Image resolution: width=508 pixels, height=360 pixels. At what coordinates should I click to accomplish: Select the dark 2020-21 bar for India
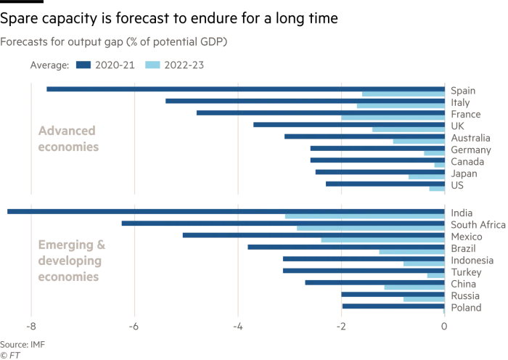tap(225, 211)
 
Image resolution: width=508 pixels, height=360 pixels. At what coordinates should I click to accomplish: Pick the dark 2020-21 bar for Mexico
tap(313, 235)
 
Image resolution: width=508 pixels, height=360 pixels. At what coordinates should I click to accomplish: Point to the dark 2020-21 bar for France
tap(320, 112)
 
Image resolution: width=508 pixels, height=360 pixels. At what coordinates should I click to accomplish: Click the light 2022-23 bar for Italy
tap(400, 106)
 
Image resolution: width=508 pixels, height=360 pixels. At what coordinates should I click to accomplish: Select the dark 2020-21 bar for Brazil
tap(345, 247)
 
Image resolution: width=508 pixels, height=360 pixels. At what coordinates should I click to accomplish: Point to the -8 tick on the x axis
tap(30, 327)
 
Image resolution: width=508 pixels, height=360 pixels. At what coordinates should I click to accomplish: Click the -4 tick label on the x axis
tap(237, 327)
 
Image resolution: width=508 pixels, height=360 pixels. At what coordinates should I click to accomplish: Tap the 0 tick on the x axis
tap(444, 327)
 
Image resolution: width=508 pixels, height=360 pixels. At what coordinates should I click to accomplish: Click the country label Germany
tap(470, 150)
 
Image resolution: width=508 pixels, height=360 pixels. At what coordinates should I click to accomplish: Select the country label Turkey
tap(466, 272)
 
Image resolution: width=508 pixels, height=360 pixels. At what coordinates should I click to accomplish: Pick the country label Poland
tap(466, 308)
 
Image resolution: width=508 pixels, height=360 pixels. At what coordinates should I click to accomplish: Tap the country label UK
tap(458, 126)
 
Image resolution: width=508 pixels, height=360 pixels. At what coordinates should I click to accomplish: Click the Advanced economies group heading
tap(68, 139)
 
